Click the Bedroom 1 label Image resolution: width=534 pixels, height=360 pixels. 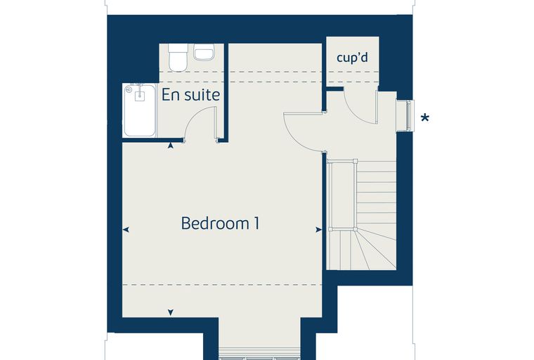pyautogui.click(x=220, y=224)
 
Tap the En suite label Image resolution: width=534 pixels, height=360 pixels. pyautogui.click(x=190, y=94)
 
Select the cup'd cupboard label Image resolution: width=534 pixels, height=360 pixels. pyautogui.click(x=352, y=58)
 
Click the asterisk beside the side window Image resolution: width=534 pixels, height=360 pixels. pyautogui.click(x=424, y=118)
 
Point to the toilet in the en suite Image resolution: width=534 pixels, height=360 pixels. pyautogui.click(x=178, y=57)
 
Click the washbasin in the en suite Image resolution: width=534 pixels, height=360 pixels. pyautogui.click(x=204, y=52)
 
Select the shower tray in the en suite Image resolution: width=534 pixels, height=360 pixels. pyautogui.click(x=140, y=110)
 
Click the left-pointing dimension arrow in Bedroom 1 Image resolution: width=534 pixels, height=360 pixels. pyautogui.click(x=126, y=230)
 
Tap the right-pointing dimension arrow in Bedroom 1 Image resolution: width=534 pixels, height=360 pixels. pyautogui.click(x=318, y=230)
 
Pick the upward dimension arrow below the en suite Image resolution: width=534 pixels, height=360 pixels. pyautogui.click(x=171, y=146)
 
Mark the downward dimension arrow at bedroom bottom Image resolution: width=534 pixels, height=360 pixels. pyautogui.click(x=171, y=312)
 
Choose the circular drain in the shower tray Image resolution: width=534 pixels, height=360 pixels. pyautogui.click(x=129, y=90)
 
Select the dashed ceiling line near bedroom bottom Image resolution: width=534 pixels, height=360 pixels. pyautogui.click(x=222, y=284)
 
